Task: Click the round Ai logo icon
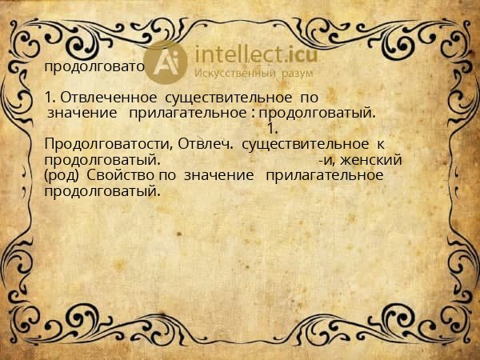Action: (x=167, y=62)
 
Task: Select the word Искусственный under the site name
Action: (x=231, y=74)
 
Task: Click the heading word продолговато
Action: (x=94, y=66)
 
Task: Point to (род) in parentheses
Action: (x=62, y=175)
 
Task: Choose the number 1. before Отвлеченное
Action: (x=50, y=98)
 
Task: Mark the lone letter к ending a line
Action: (x=381, y=144)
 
